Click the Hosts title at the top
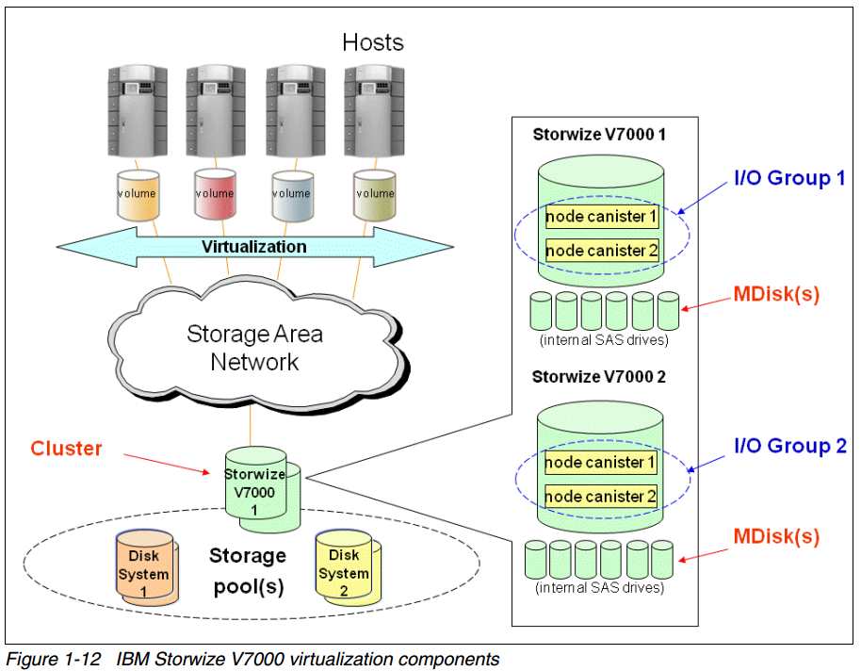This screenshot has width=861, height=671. [x=372, y=42]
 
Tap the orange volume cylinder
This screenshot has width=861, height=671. [x=136, y=194]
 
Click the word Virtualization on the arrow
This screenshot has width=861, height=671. [x=254, y=247]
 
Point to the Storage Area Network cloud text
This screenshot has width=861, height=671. [x=254, y=347]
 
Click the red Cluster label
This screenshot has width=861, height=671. [x=66, y=449]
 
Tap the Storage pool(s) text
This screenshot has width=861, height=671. [x=247, y=570]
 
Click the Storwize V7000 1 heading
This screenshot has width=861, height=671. [x=599, y=134]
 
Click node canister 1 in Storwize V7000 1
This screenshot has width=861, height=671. [x=601, y=218]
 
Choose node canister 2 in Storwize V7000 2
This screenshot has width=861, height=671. [x=601, y=497]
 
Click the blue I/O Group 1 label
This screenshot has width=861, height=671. [x=789, y=177]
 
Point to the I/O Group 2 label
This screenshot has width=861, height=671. [x=789, y=446]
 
